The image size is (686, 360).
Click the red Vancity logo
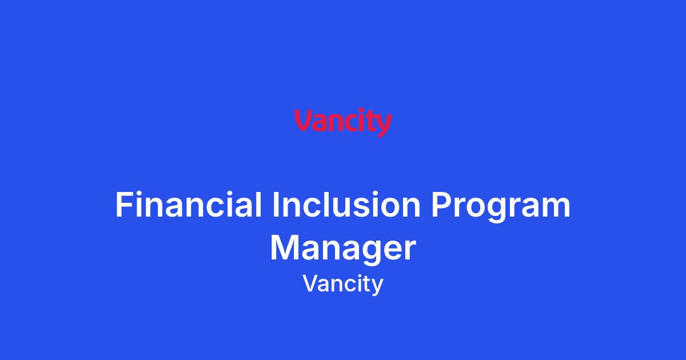pyautogui.click(x=342, y=123)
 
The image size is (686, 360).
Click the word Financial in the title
pyautogui.click(x=188, y=205)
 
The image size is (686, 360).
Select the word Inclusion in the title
pyautogui.click(x=346, y=205)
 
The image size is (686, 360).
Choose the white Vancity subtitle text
pyautogui.click(x=343, y=285)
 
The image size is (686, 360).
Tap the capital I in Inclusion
pyautogui.click(x=275, y=204)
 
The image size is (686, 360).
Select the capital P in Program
pyautogui.click(x=441, y=204)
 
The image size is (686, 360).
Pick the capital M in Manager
pyautogui.click(x=285, y=247)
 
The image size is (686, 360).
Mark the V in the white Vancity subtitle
pyautogui.click(x=312, y=283)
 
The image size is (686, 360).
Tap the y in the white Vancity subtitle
pyautogui.click(x=377, y=287)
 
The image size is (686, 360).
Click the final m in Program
pyautogui.click(x=556, y=207)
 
